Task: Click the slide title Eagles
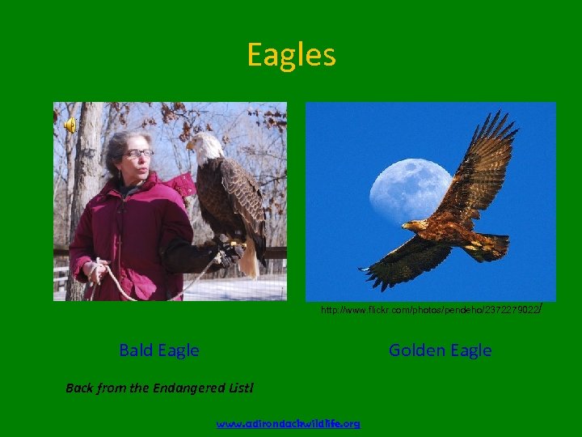[x=291, y=55]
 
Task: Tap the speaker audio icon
[x=70, y=125]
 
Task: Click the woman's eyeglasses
[x=137, y=153]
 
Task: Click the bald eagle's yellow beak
[x=192, y=145]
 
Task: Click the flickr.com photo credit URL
[x=429, y=310]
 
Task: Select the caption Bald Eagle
[x=159, y=350]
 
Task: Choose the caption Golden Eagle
[x=440, y=350]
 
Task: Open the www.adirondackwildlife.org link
[x=289, y=423]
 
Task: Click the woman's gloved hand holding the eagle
[x=231, y=255]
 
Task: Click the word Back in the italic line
[x=79, y=388]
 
